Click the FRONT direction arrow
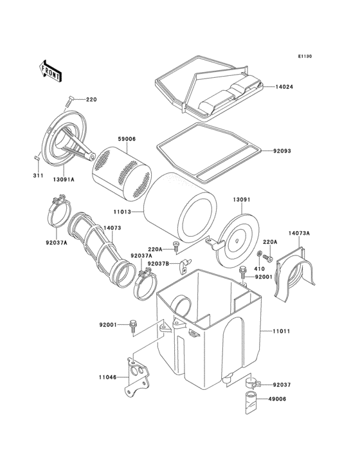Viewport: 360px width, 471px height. point(51,69)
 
